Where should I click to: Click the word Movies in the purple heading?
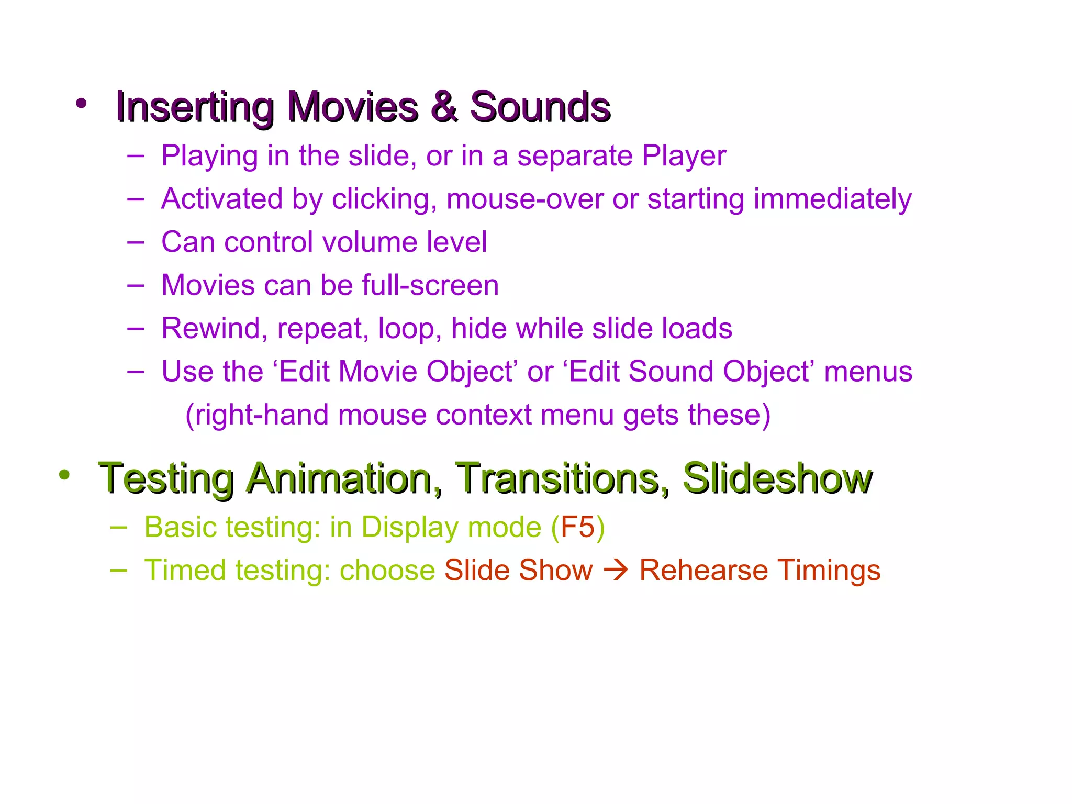(x=353, y=107)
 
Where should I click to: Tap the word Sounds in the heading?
(x=540, y=107)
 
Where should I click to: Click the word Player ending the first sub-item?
(x=684, y=156)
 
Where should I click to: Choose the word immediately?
(x=832, y=199)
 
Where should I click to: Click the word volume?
(x=369, y=242)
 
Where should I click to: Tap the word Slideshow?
(x=777, y=478)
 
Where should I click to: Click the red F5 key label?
(x=577, y=527)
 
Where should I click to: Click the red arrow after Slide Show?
(x=616, y=571)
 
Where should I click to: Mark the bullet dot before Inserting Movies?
(x=81, y=103)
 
